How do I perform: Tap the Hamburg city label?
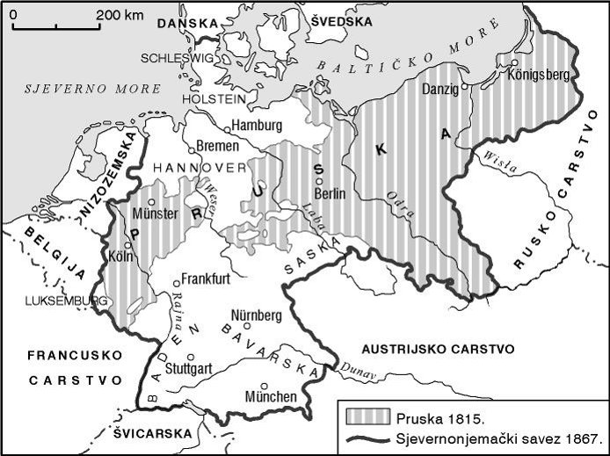pyautogui.click(x=258, y=125)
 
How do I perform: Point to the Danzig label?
pyautogui.click(x=440, y=90)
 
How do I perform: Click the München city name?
pyautogui.click(x=271, y=396)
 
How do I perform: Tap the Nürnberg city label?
pyautogui.click(x=256, y=315)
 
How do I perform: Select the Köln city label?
pyautogui.click(x=122, y=257)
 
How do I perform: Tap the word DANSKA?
pyautogui.click(x=185, y=27)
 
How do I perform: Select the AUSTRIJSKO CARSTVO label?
pyautogui.click(x=439, y=349)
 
